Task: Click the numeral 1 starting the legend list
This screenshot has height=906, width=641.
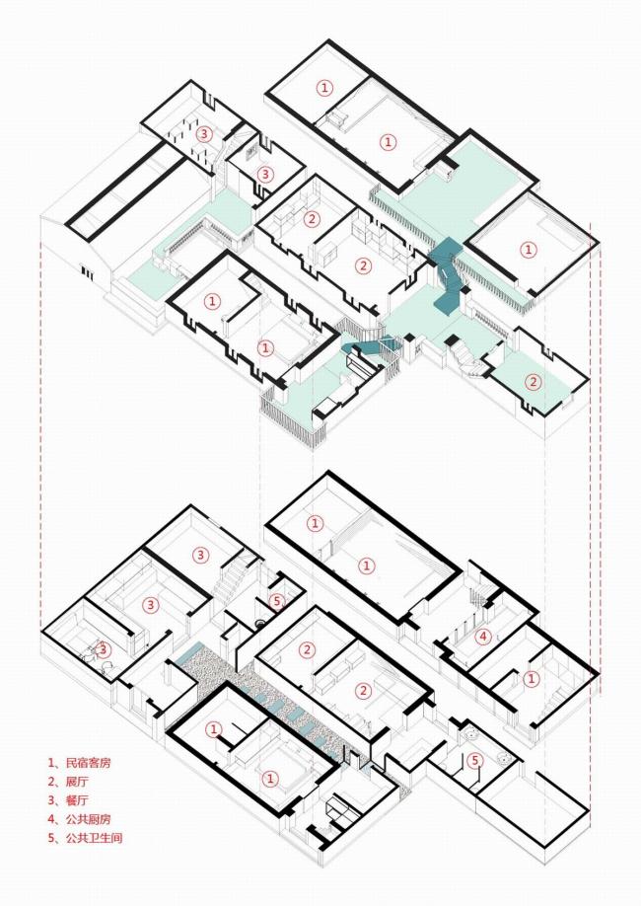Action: (51, 763)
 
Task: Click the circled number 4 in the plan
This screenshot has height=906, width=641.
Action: (482, 637)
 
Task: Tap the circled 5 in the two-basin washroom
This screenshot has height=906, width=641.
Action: (475, 760)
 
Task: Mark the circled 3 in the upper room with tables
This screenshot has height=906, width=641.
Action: (203, 133)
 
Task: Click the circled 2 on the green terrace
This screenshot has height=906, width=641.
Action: (533, 383)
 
